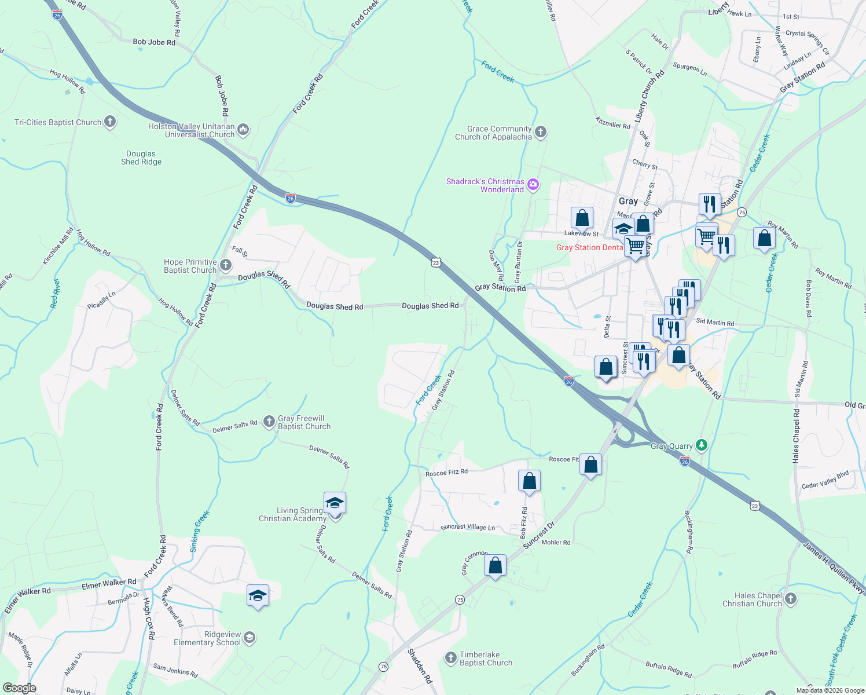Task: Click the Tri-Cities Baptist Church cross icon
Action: [110, 122]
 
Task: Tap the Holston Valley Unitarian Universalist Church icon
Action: [243, 130]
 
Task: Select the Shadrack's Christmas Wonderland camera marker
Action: [533, 185]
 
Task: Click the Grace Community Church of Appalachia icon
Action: [540, 132]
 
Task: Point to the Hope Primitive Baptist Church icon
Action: [225, 265]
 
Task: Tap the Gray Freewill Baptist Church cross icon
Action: [269, 422]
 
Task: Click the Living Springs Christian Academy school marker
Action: [335, 503]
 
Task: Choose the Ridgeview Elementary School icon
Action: [249, 638]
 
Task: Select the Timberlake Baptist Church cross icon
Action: [450, 658]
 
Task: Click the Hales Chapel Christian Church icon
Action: [791, 599]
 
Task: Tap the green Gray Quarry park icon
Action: [702, 445]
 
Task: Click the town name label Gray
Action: [628, 201]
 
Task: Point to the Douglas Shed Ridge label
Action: [141, 158]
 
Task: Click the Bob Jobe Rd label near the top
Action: [154, 42]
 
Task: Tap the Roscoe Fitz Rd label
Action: [446, 473]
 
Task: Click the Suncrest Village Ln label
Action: [468, 527]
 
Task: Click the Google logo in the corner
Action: [20, 687]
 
